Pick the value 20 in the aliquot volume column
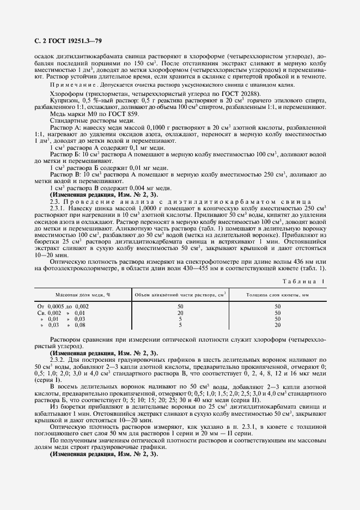(x=180, y=313)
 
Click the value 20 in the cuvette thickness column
(x=277, y=325)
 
